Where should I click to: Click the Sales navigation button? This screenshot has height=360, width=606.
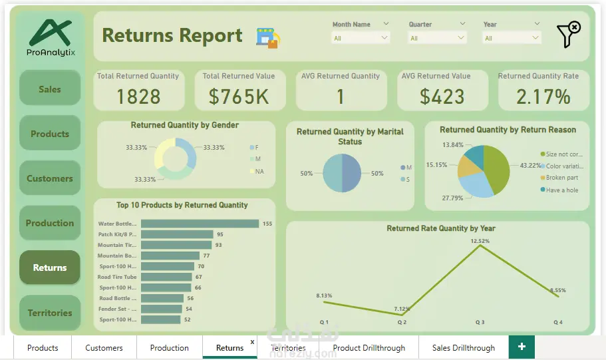click(x=49, y=89)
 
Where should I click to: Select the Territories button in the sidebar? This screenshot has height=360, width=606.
click(x=49, y=313)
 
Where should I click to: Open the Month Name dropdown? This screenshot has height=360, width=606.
click(x=361, y=38)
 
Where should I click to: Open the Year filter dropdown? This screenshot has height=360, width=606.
click(x=511, y=38)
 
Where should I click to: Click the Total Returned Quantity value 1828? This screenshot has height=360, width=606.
click(x=138, y=96)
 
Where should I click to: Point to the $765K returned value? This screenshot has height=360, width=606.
click(x=238, y=96)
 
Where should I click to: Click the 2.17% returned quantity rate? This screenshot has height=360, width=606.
click(x=543, y=96)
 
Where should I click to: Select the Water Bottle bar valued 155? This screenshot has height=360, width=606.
click(x=200, y=224)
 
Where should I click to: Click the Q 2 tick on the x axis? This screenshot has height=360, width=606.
click(x=402, y=322)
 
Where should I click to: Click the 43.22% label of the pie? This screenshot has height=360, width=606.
click(x=530, y=165)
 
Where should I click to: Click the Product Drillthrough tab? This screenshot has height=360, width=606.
click(x=369, y=347)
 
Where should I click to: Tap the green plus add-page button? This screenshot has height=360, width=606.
click(x=522, y=347)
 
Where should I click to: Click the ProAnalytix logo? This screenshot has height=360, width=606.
click(x=51, y=37)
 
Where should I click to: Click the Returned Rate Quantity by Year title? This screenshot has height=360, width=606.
click(x=440, y=228)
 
